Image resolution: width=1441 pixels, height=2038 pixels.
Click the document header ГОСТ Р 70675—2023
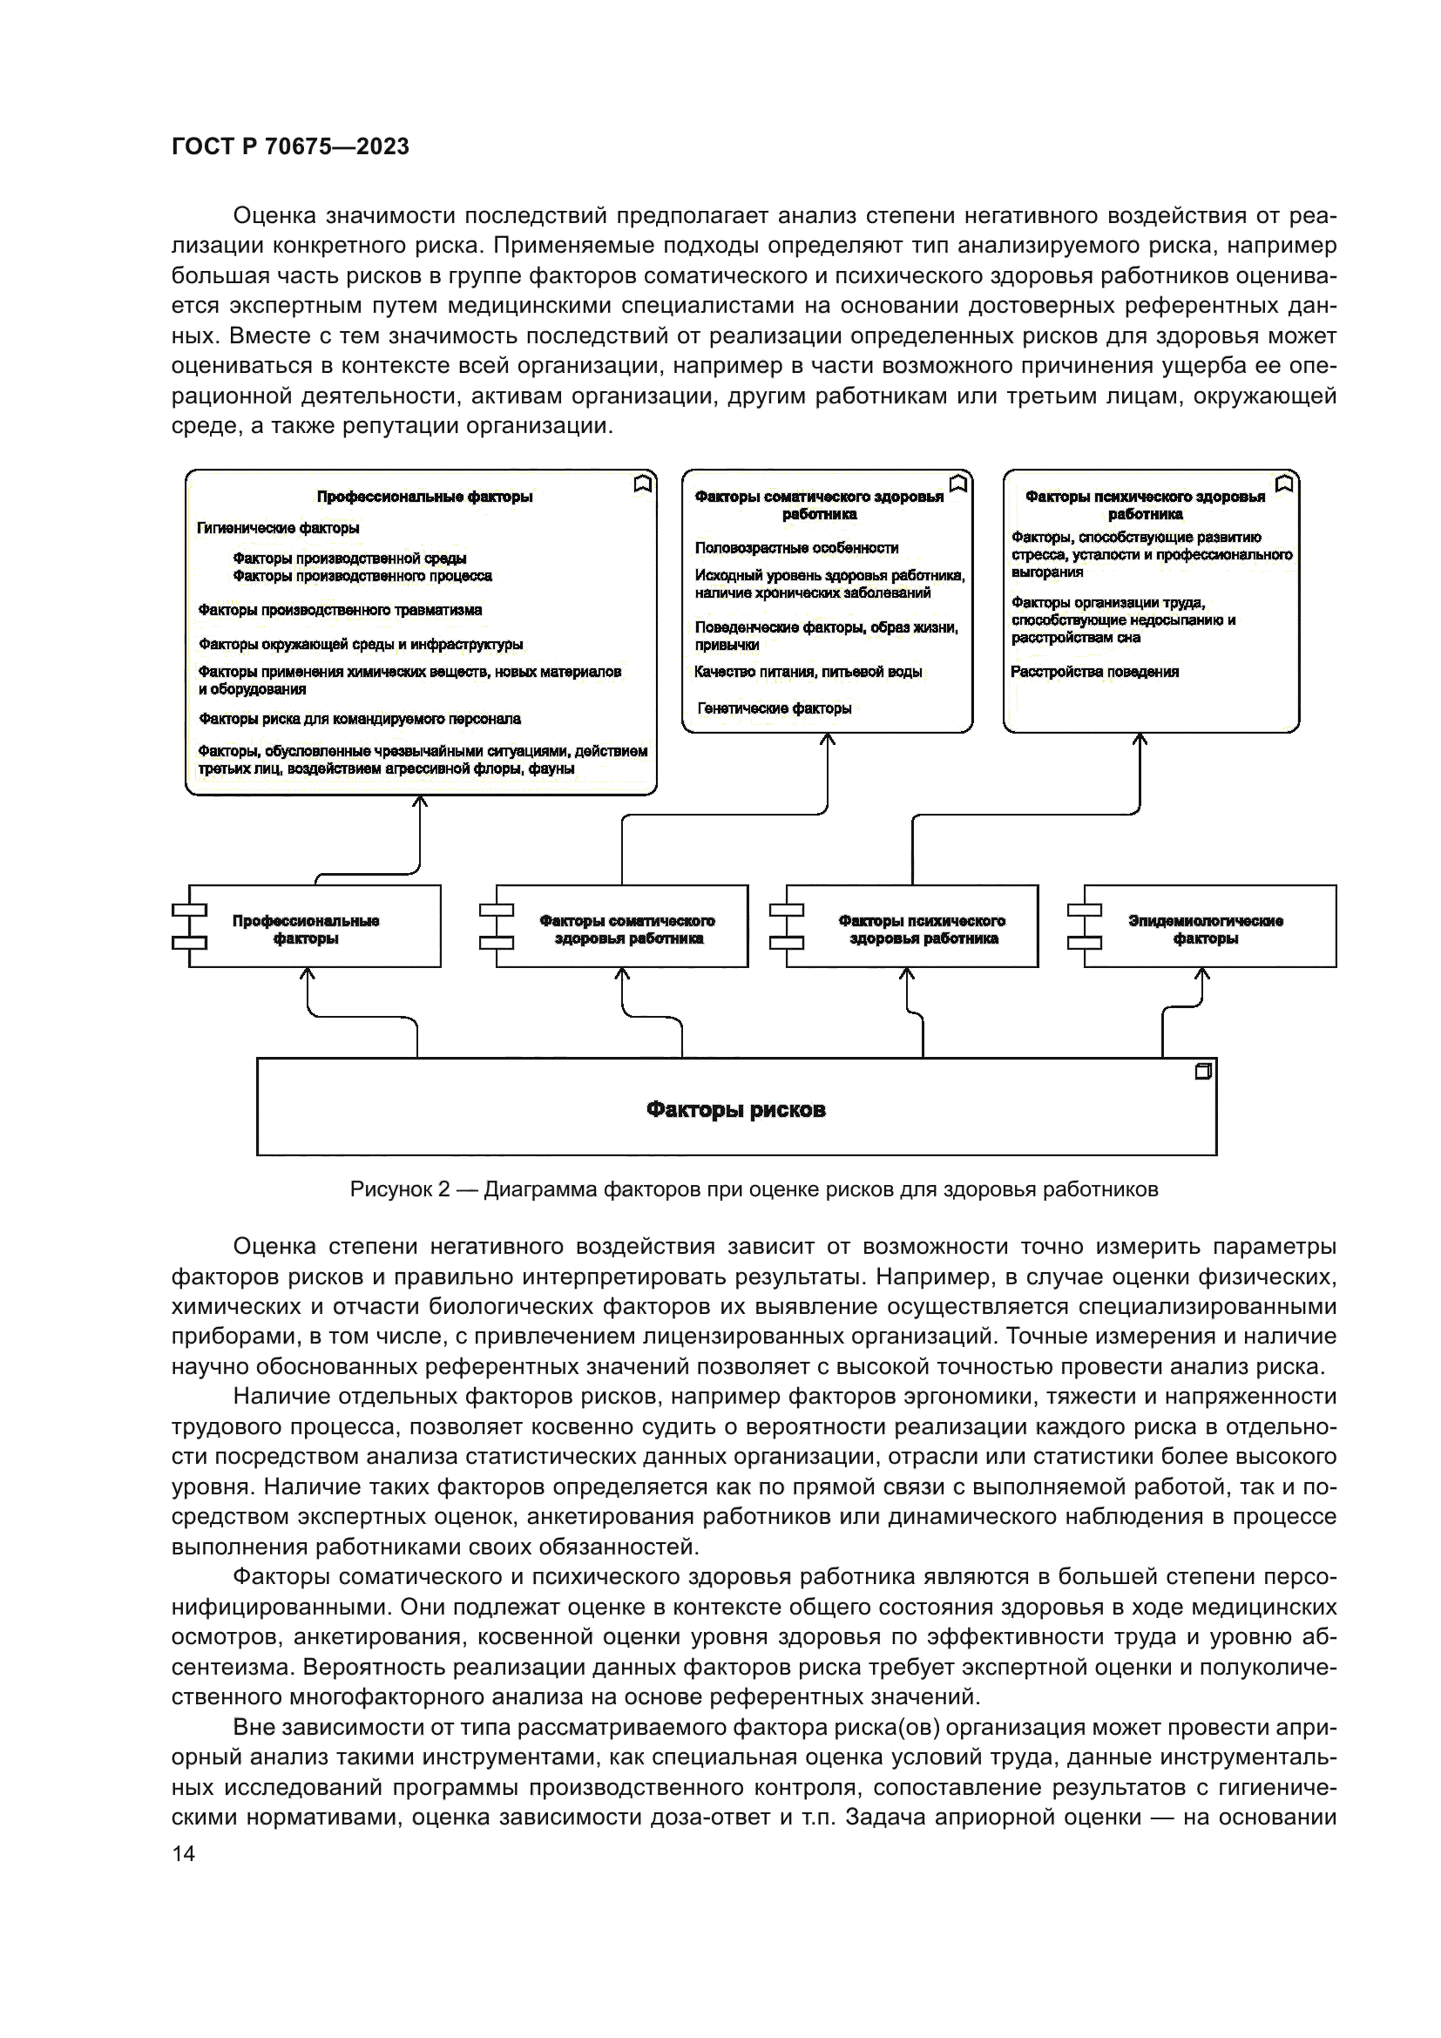pyautogui.click(x=290, y=147)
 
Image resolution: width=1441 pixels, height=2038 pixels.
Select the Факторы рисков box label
pyautogui.click(x=735, y=1109)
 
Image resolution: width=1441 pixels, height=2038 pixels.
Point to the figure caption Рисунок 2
pyautogui.click(x=754, y=1189)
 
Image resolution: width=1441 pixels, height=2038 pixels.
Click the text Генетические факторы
pyautogui.click(x=774, y=708)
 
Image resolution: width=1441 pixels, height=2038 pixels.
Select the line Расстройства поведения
pyautogui.click(x=1095, y=672)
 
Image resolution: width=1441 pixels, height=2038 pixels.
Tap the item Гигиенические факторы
pyautogui.click(x=278, y=528)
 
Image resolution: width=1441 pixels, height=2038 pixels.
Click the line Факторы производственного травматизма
pyautogui.click(x=340, y=610)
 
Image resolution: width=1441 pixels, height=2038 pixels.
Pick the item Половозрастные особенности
pyautogui.click(x=796, y=548)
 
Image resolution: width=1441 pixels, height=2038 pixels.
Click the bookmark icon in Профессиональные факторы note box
pyautogui.click(x=643, y=484)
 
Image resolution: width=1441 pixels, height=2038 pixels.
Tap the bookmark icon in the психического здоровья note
pyautogui.click(x=1284, y=484)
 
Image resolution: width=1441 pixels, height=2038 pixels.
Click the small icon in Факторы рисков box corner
pyautogui.click(x=1203, y=1072)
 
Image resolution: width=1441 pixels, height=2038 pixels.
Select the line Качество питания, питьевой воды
pyautogui.click(x=808, y=672)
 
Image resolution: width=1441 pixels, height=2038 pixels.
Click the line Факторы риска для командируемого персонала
pyautogui.click(x=359, y=719)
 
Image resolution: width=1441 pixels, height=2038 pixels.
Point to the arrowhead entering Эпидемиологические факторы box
pyautogui.click(x=1202, y=974)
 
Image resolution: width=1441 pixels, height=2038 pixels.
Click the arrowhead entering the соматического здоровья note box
pyautogui.click(x=827, y=740)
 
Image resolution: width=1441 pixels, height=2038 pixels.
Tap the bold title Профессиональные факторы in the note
pyautogui.click(x=424, y=497)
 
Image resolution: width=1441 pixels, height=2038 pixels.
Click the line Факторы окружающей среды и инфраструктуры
pyautogui.click(x=361, y=645)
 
